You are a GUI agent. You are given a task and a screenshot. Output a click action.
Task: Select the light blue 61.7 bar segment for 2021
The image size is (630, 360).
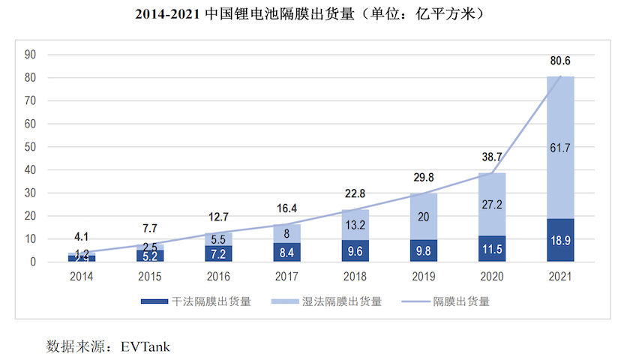tap(560, 148)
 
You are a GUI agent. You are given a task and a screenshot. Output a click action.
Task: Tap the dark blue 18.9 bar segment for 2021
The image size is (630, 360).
tap(560, 240)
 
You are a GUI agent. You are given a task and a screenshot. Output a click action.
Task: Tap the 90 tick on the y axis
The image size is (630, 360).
tap(31, 54)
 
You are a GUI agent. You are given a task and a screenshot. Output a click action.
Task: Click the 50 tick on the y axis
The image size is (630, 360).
tap(31, 147)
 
